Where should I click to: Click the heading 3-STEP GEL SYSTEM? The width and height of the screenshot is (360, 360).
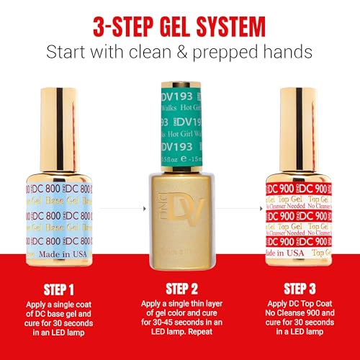click(180, 27)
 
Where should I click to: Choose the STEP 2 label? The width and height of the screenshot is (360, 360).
click(180, 291)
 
